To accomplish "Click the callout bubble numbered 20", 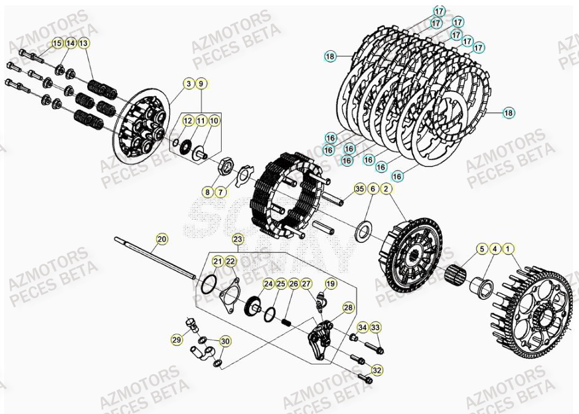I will [x=161, y=239].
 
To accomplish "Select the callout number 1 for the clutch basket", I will [x=508, y=249].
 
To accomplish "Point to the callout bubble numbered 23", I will [x=238, y=239].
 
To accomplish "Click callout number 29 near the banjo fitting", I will [x=177, y=339].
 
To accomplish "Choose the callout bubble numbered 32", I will [x=376, y=370].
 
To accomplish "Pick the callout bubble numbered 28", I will [x=348, y=307].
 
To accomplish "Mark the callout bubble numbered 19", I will [x=331, y=283].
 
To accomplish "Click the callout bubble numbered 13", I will [x=84, y=43].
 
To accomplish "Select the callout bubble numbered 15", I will [x=56, y=43].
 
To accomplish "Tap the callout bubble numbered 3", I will [x=189, y=83].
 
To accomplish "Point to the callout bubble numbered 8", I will [x=208, y=193].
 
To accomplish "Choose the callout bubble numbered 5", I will [x=482, y=249].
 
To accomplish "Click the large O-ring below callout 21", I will [x=208, y=284].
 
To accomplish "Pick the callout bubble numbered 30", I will [x=225, y=341].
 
